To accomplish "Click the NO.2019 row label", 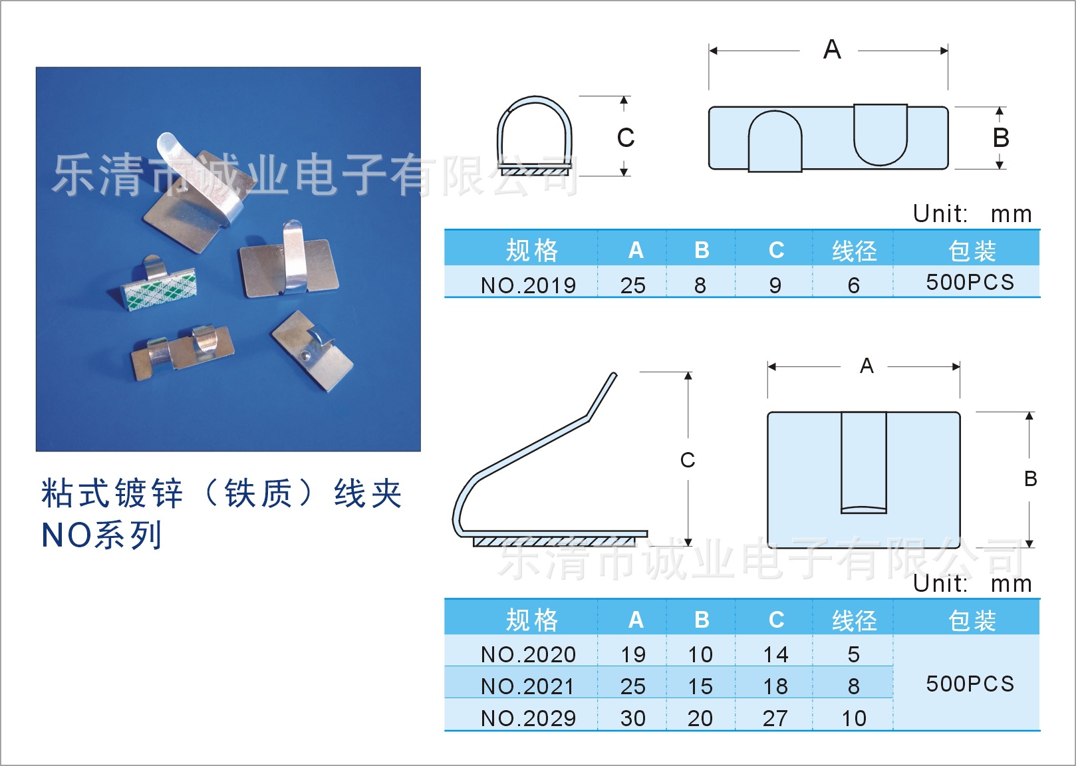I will click(528, 285).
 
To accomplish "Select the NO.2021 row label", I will click(528, 686).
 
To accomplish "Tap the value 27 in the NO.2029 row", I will click(775, 718).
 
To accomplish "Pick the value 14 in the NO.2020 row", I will click(775, 654).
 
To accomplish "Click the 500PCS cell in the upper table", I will click(970, 282).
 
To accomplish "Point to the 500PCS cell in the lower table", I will click(970, 684).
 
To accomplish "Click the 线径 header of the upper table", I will click(854, 251).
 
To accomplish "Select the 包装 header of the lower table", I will click(972, 620).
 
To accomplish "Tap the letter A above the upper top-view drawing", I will click(832, 50).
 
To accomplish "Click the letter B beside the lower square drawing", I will click(1030, 479).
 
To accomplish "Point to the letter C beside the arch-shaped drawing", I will click(625, 138).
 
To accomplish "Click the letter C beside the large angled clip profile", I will click(688, 460).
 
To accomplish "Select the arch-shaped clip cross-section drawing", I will click(535, 136).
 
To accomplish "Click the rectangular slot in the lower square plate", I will click(863, 462).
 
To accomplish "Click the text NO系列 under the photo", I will click(101, 535).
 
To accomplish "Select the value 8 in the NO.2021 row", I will click(854, 686).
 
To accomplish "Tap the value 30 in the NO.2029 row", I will click(632, 718).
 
